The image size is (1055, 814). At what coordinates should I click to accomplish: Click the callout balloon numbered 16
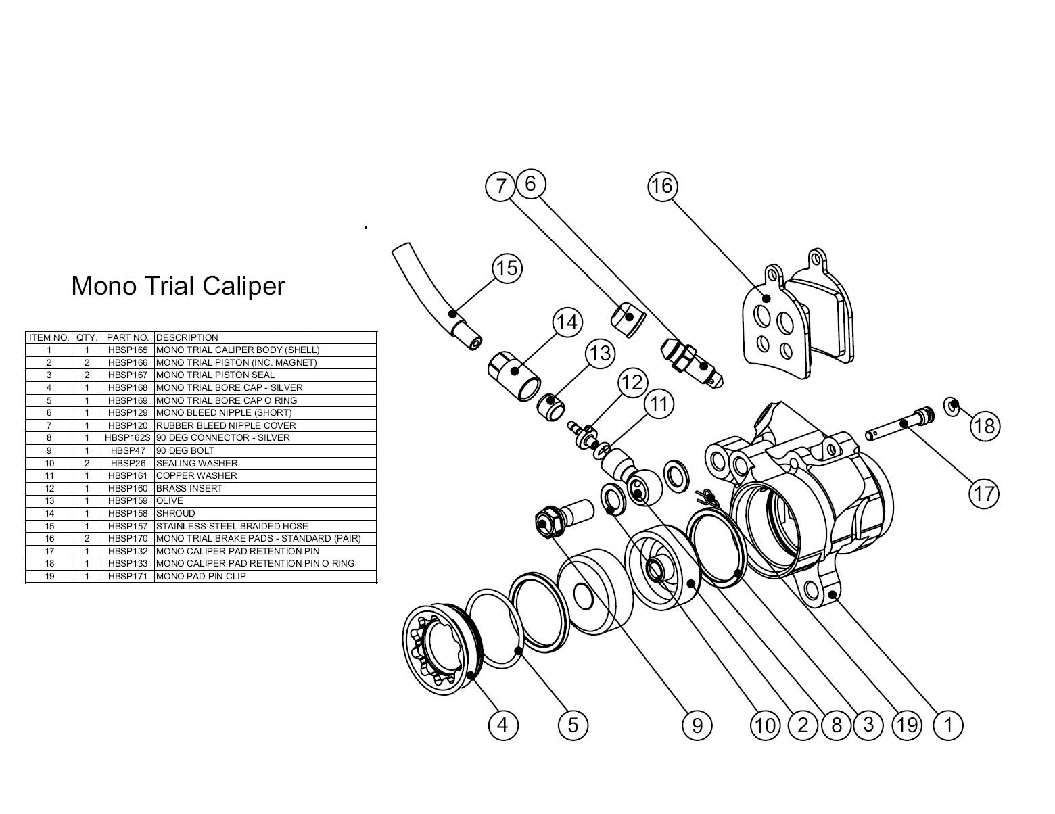coord(662,185)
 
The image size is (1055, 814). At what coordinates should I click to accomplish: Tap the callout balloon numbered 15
coord(507,268)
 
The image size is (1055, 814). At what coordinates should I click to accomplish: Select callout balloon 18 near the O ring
coord(984,426)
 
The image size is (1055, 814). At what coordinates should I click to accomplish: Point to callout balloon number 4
coord(502,725)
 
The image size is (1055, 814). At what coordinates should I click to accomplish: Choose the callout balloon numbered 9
coord(697,725)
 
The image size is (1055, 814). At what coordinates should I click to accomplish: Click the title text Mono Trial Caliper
coord(178,286)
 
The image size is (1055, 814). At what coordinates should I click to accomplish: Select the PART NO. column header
coord(127,337)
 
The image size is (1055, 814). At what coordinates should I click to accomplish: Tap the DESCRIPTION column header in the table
coord(187,337)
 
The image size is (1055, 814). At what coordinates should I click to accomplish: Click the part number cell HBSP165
coord(127,350)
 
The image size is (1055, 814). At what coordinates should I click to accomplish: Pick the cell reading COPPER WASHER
coord(197,475)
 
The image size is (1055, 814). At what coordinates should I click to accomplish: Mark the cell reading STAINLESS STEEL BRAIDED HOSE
coord(232,526)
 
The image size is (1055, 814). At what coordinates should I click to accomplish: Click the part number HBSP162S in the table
coord(127,437)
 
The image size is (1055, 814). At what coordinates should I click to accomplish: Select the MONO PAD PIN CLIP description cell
coord(201,576)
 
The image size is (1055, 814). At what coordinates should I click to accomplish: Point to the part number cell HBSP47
coord(127,450)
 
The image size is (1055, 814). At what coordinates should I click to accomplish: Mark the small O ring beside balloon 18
coord(952,407)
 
